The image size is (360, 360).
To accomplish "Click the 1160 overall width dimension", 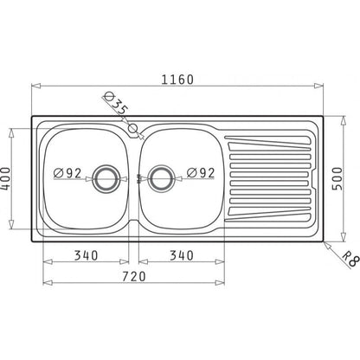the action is pos(177,80).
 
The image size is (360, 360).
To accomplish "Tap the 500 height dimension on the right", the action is pos(337,178).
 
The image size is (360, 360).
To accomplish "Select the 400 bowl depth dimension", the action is pos(5,179).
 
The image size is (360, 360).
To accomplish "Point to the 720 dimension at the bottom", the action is pos(133,276).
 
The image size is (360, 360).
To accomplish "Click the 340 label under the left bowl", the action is pos(86,255).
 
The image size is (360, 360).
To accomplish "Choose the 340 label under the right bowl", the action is pos(181,255).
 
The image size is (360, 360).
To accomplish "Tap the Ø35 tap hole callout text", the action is pos(115,103).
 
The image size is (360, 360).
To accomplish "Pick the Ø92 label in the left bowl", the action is pos(67,173).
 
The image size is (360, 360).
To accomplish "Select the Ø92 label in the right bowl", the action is pos(201,173).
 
